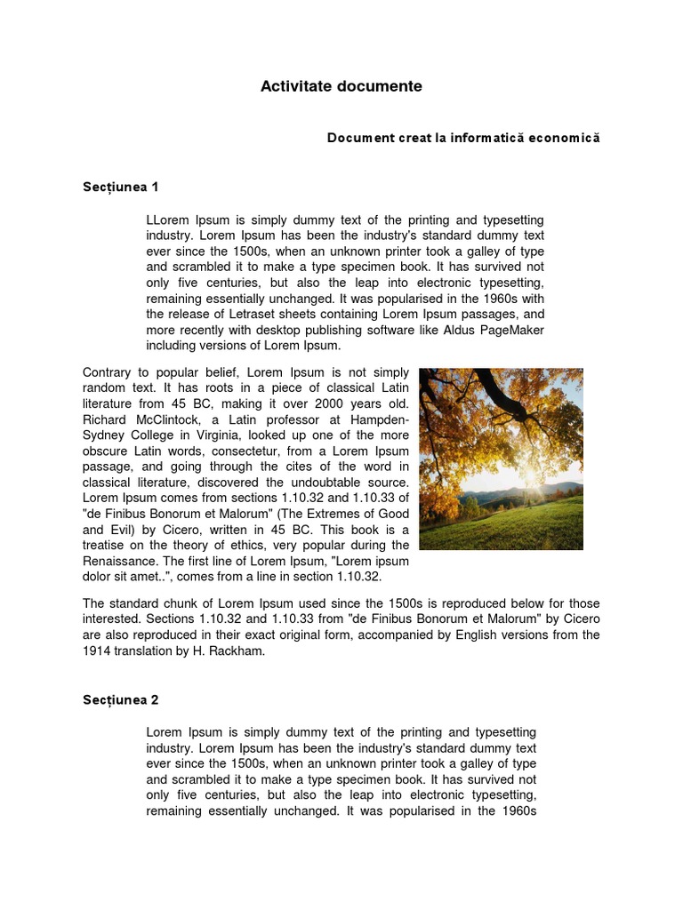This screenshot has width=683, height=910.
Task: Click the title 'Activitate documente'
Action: coord(341,86)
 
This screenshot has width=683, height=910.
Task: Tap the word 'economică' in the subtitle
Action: coord(564,139)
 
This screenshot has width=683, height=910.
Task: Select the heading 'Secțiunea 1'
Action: coord(120,187)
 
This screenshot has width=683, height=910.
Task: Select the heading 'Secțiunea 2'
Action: coord(120,699)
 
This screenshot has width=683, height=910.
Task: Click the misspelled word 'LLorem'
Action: coord(168,220)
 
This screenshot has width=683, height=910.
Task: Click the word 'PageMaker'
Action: coord(512,330)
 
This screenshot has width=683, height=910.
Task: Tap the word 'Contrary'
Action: coord(108,371)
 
